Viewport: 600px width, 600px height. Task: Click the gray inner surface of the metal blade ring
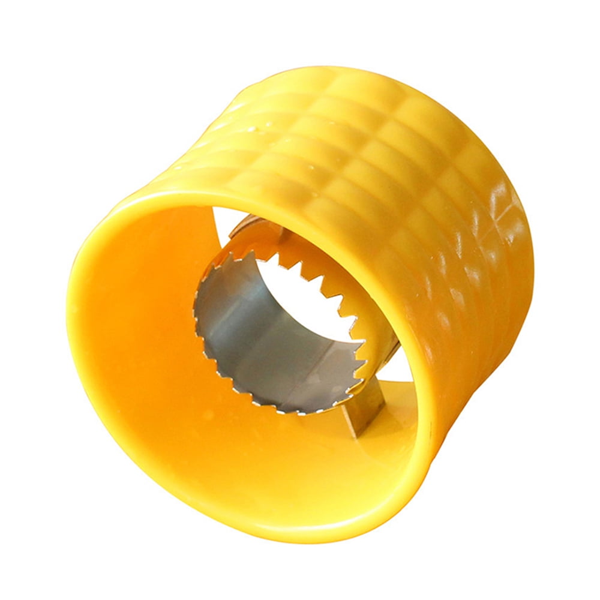click(x=252, y=336)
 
